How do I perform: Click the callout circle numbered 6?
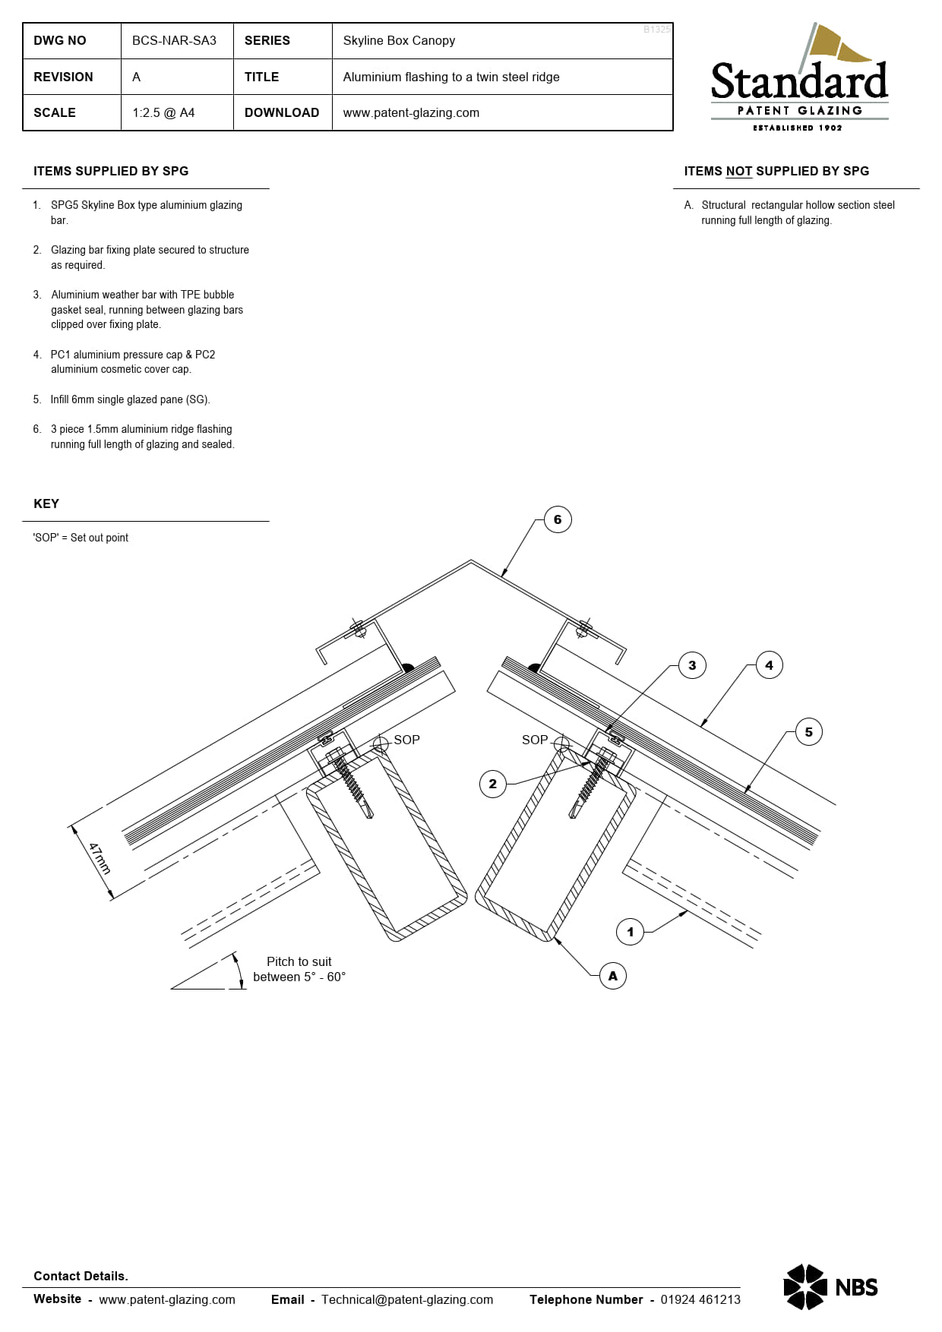click(558, 519)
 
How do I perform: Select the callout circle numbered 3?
click(692, 665)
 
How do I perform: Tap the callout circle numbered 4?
click(769, 665)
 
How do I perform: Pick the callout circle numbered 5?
click(808, 732)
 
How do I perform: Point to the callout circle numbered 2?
click(492, 784)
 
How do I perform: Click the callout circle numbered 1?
click(630, 932)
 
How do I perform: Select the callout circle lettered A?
click(613, 976)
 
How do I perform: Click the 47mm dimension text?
click(100, 858)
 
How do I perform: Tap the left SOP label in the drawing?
click(406, 740)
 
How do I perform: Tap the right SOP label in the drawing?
click(535, 740)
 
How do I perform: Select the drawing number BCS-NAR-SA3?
click(174, 41)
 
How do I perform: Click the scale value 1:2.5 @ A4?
click(163, 113)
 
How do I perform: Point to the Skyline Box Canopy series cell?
click(399, 41)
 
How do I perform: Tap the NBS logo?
click(830, 1286)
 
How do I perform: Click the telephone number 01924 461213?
click(700, 1299)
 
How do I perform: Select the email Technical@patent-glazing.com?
click(407, 1299)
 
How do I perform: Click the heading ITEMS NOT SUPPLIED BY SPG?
click(776, 172)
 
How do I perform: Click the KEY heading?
click(46, 504)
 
